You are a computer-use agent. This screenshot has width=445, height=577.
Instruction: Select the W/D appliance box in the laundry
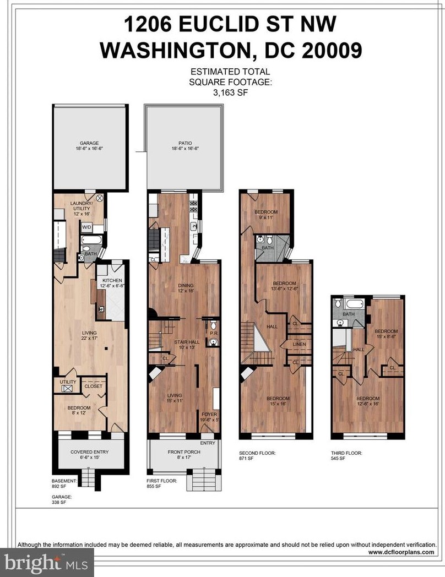(x=87, y=227)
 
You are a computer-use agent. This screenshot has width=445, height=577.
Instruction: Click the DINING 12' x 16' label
(x=185, y=288)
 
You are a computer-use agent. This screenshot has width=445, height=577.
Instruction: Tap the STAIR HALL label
(x=187, y=342)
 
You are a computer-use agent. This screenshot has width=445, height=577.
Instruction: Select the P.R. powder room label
(x=213, y=334)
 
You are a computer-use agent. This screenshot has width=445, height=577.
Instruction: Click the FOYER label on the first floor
(x=209, y=415)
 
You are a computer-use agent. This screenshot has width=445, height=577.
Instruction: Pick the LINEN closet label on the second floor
(x=299, y=345)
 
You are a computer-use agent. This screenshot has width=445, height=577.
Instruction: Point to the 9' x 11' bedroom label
(x=266, y=217)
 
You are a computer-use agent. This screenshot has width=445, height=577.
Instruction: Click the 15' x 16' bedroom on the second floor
(x=278, y=401)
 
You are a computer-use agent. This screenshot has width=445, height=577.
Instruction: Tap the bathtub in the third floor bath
(x=354, y=304)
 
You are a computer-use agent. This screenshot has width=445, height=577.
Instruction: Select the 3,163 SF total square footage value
(x=230, y=92)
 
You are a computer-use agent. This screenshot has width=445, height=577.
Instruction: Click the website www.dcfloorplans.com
(x=401, y=552)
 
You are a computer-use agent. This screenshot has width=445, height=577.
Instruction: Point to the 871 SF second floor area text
(x=246, y=459)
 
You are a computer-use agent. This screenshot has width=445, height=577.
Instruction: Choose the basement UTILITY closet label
(x=68, y=382)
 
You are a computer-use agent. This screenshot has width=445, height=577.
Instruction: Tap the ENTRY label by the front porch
(x=208, y=443)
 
